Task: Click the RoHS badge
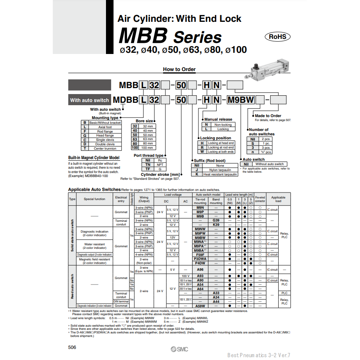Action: pos(278,37)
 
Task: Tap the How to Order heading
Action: pos(179,69)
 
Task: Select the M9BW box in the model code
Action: pos(241,100)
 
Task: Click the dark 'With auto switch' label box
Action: pos(89,100)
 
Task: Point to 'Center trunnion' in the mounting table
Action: pos(105,148)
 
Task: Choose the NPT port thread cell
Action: pos(160,164)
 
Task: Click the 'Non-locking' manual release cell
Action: pos(223,125)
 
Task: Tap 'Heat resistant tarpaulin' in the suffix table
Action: pos(220,174)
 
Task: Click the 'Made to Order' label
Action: pos(268,116)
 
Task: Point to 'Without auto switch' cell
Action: pos(270,164)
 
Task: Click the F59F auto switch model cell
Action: pos(200,254)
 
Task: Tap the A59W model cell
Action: pos(200,306)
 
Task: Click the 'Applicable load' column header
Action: pos(278,199)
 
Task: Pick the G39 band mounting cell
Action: pos(216,220)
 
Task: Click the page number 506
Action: pos(72,347)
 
